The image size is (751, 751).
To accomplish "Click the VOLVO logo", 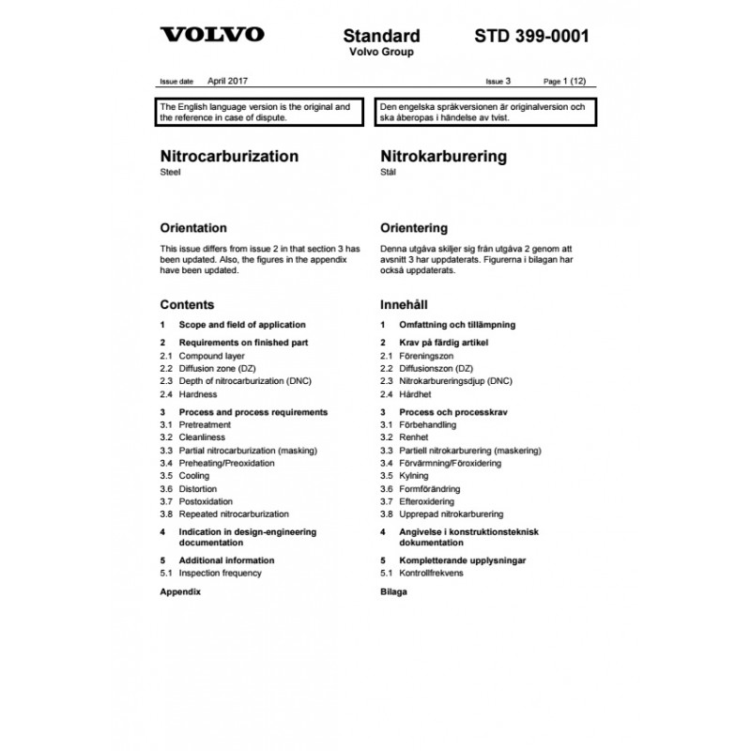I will [213, 37].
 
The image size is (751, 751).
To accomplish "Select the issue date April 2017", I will [228, 83].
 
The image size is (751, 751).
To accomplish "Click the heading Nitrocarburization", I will [229, 156].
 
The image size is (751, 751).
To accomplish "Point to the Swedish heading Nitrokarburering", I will [443, 156].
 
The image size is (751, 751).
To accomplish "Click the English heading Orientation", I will [193, 228].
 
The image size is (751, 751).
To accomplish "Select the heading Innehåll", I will [404, 305].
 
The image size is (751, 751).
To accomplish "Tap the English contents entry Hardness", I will [198, 394].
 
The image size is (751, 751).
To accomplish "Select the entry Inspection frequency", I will [221, 573].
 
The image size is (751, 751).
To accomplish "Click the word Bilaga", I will [394, 592].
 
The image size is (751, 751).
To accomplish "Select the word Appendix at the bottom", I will [180, 592].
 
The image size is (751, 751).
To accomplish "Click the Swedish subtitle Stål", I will [388, 173].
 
